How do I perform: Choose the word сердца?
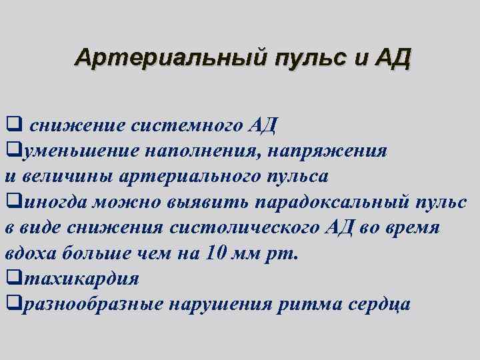[379, 305]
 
